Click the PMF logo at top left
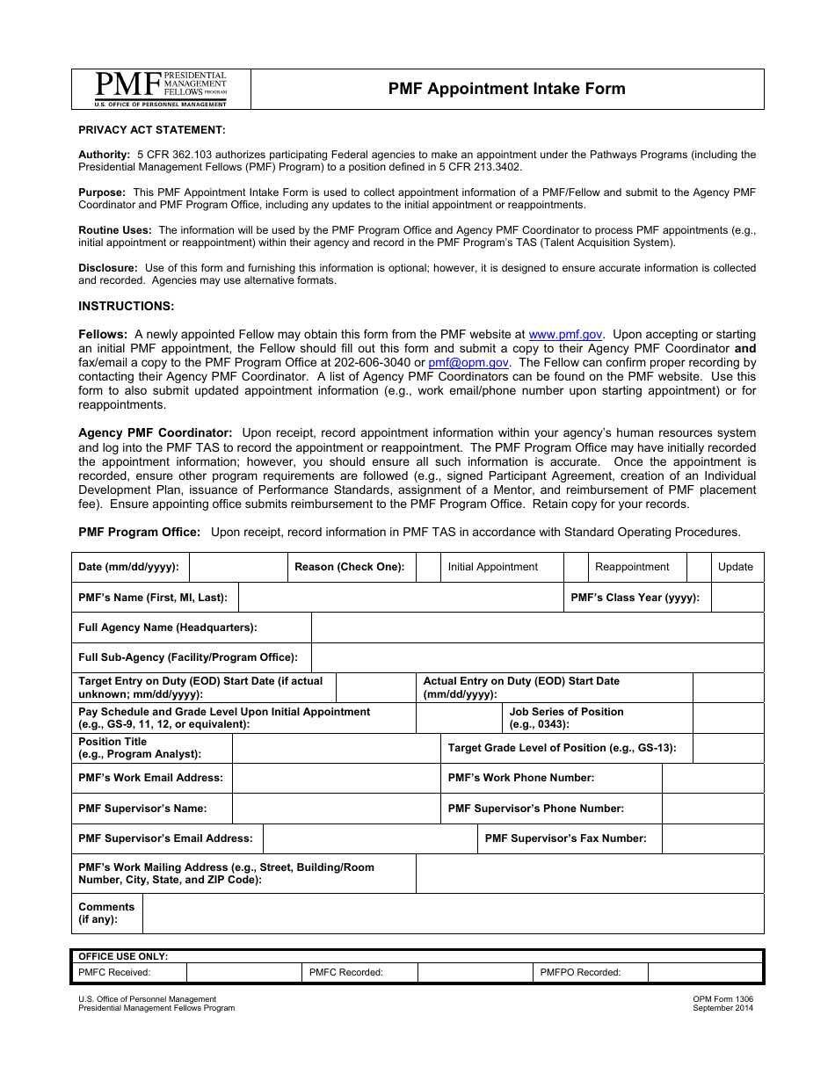click(x=161, y=89)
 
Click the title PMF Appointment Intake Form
click(x=507, y=89)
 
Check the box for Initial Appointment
click(x=428, y=568)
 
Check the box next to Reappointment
click(x=575, y=568)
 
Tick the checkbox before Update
click(x=698, y=568)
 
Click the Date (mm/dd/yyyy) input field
click(x=237, y=568)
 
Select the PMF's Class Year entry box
click(x=737, y=599)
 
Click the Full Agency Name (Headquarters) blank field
click(x=537, y=628)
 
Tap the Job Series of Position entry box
click(x=728, y=719)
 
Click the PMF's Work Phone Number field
click(x=712, y=779)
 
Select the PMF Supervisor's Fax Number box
click(x=712, y=839)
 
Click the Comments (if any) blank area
click(x=453, y=914)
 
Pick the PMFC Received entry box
click(x=243, y=973)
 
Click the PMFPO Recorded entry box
click(x=704, y=973)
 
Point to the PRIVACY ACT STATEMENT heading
click(x=152, y=130)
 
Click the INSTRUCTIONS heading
click(x=127, y=307)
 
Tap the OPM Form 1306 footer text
click(x=722, y=999)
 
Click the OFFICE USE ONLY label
click(x=123, y=957)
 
